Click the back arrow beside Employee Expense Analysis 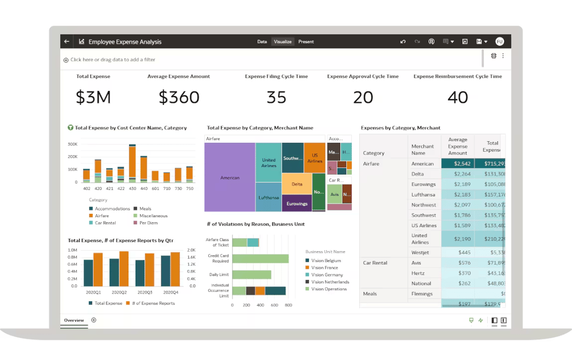click(x=67, y=42)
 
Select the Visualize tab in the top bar click(x=282, y=42)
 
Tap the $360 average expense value click(x=179, y=97)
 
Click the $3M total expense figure click(x=93, y=97)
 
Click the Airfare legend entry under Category click(x=102, y=215)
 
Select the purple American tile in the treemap click(x=230, y=177)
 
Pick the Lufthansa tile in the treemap click(x=268, y=198)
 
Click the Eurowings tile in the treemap click(x=297, y=203)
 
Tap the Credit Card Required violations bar click(x=260, y=258)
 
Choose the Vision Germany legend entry click(x=327, y=275)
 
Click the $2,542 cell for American click(x=457, y=164)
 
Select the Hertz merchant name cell click(x=417, y=273)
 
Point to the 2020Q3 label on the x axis click(x=145, y=292)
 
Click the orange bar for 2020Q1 click(x=98, y=270)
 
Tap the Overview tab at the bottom click(x=74, y=320)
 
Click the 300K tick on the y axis click(x=73, y=144)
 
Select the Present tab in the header click(x=306, y=42)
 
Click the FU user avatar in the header click(x=499, y=42)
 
